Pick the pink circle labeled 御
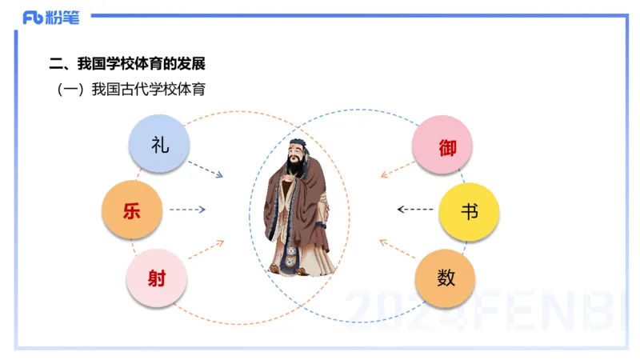442,146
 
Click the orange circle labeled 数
446,278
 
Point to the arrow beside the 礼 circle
206,169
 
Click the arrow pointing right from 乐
188,210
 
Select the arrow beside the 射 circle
206,248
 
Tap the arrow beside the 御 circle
396,169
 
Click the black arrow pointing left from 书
414,210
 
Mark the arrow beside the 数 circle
395,248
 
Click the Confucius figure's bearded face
295,159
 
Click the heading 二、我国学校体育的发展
132,64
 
